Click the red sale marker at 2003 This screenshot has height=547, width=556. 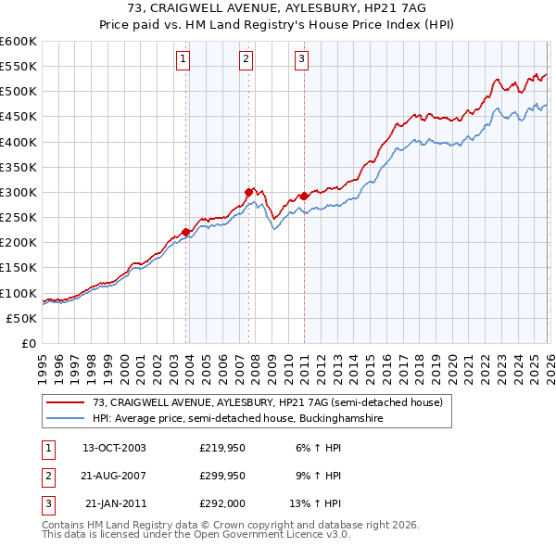pos(186,232)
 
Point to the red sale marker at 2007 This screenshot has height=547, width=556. pos(249,192)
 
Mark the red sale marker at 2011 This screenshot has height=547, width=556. pos(305,196)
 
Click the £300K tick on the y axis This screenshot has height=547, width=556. pos(19,192)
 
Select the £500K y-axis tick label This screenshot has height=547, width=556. pos(19,91)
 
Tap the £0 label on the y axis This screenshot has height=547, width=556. pos(28,343)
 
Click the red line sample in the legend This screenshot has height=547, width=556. pos(66,403)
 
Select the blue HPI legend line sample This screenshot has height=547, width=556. pos(66,419)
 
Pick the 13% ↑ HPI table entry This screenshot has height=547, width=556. pos(316,503)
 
